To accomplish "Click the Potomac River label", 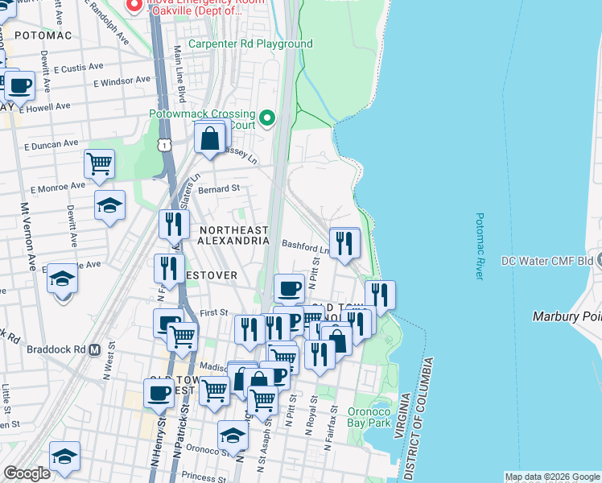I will (479, 246).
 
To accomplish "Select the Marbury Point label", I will (567, 316).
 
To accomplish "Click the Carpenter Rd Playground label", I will (249, 43).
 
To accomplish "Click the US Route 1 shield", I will (164, 144).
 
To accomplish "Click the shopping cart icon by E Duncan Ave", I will (99, 164).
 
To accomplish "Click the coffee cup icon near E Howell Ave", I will (19, 85).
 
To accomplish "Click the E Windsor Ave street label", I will (122, 80).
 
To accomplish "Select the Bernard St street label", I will (220, 188).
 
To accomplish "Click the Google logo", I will (27, 474).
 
